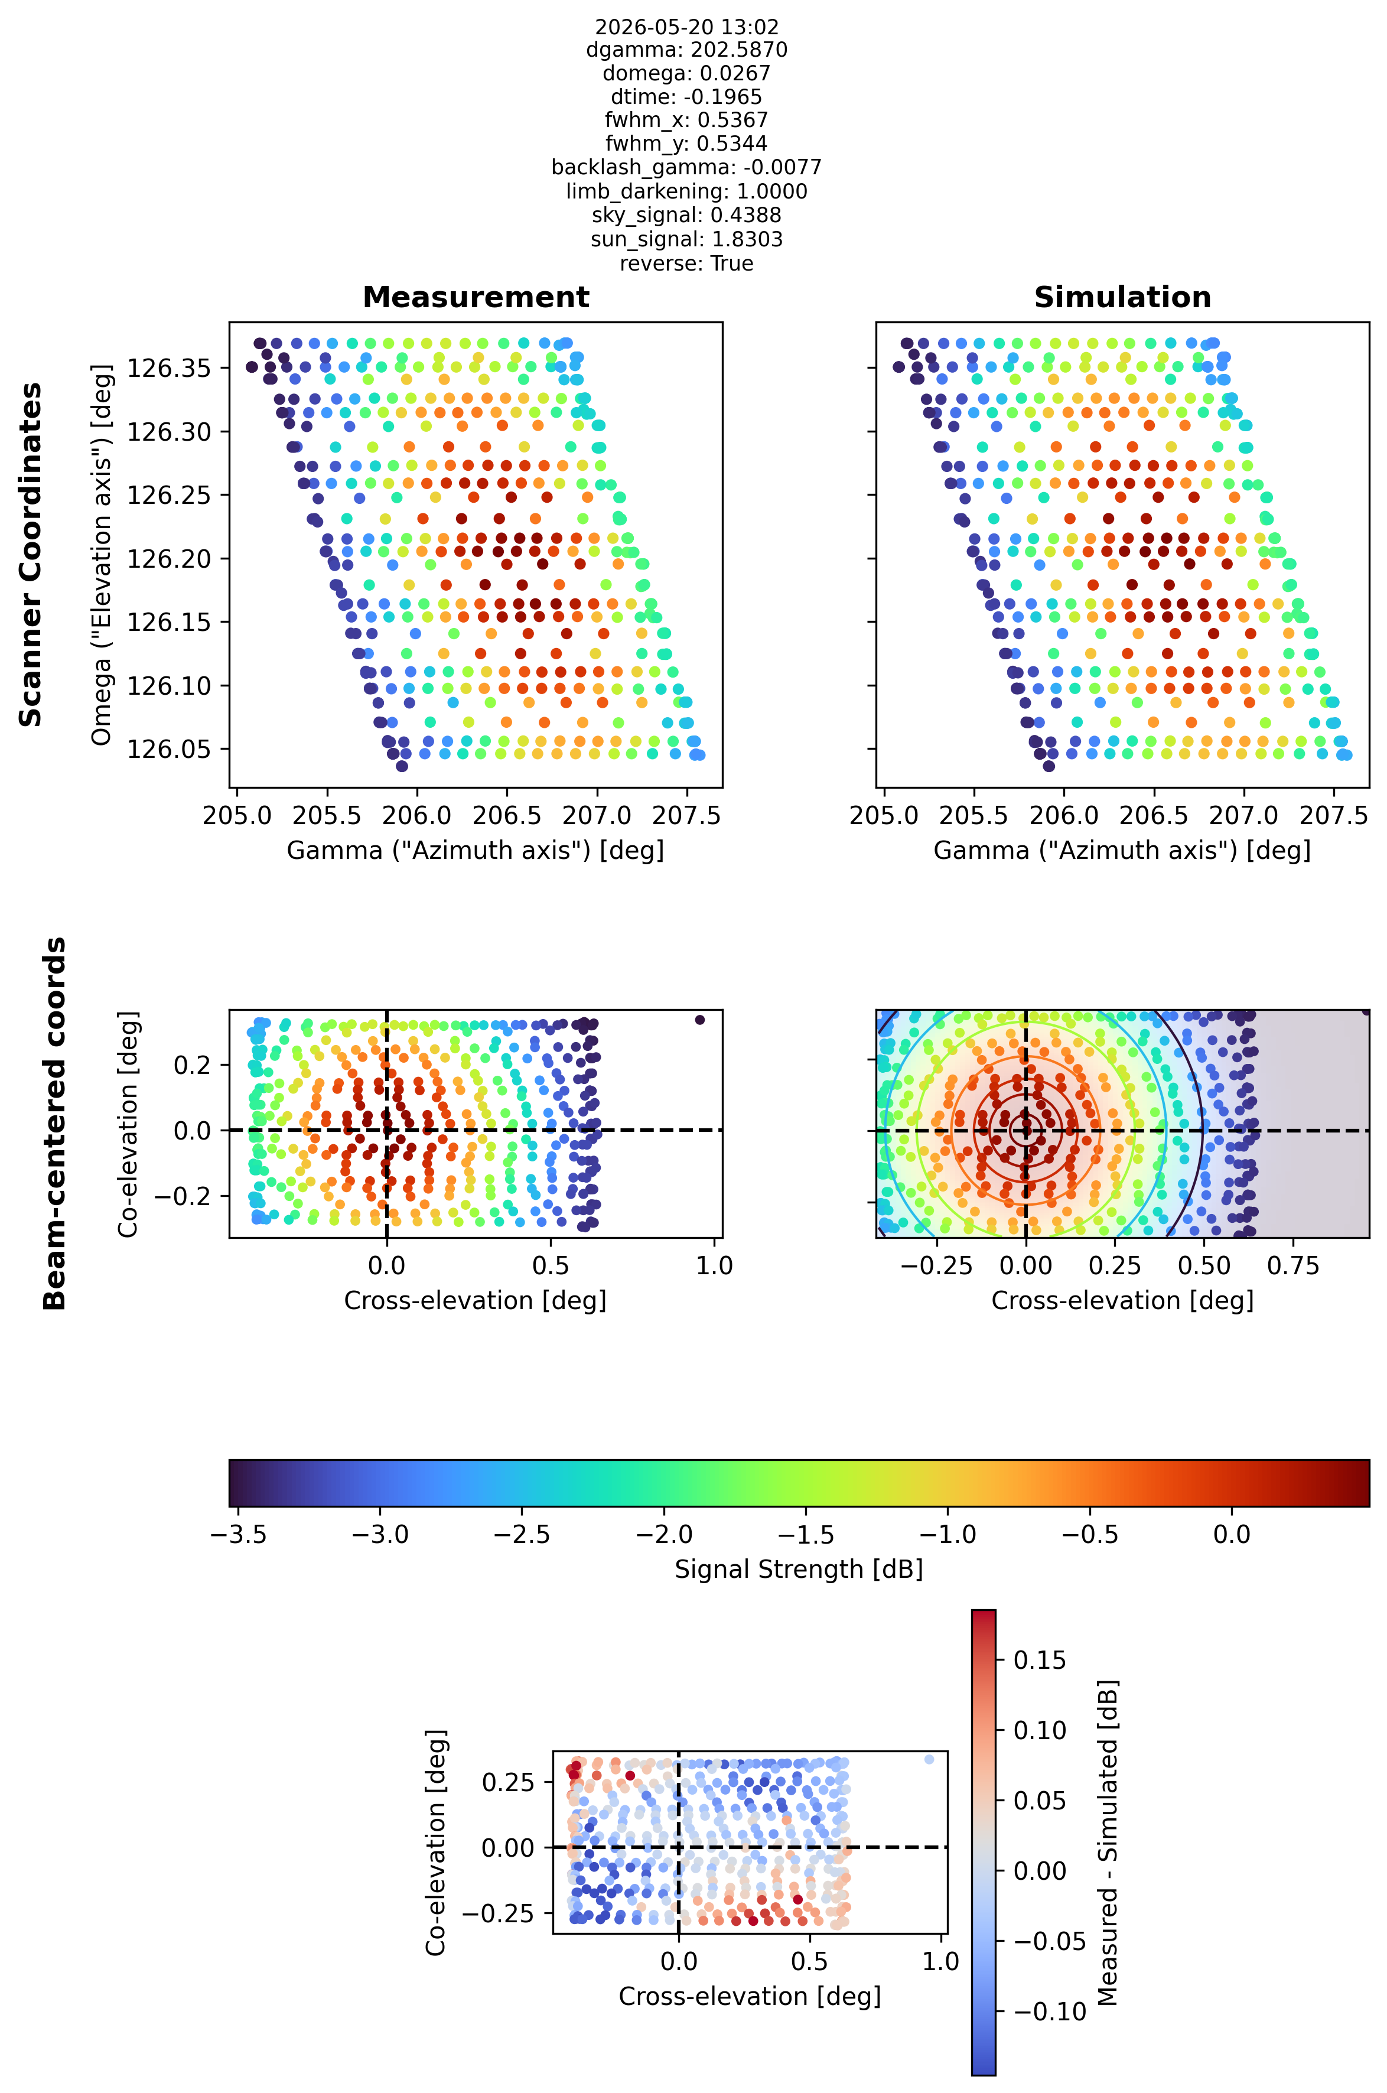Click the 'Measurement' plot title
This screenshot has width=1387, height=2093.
[476, 297]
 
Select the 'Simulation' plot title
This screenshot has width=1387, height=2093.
[1122, 297]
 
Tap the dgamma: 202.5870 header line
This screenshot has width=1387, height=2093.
[686, 50]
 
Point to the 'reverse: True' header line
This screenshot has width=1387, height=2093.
[686, 263]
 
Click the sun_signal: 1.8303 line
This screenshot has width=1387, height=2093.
[686, 240]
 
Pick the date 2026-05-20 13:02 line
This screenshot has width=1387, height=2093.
[686, 27]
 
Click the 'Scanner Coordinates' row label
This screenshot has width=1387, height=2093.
[31, 555]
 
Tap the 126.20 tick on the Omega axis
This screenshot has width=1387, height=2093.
[169, 558]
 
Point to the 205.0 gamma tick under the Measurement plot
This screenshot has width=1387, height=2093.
[237, 816]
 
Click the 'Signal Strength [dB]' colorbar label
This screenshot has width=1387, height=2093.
[799, 1570]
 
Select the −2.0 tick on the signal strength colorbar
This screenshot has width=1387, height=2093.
[665, 1534]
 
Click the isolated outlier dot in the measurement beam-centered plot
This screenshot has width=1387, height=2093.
[699, 1020]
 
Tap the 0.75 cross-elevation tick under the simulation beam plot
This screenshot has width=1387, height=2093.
[1293, 1266]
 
